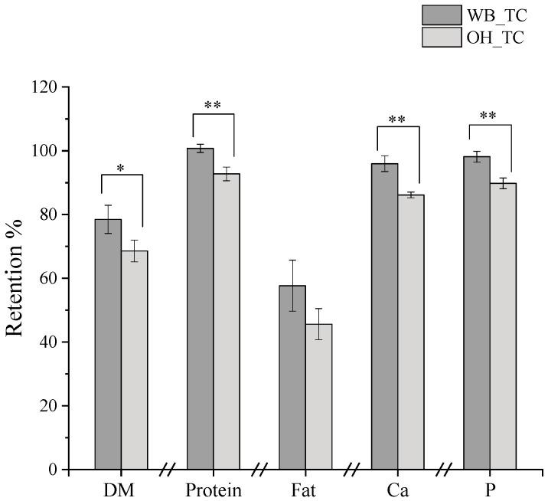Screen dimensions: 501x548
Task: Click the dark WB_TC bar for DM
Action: tap(108, 344)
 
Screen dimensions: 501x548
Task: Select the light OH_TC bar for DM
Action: tap(134, 360)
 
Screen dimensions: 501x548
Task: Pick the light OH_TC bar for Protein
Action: tap(227, 321)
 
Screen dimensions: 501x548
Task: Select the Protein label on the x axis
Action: tap(214, 490)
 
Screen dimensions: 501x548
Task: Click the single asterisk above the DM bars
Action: tap(122, 168)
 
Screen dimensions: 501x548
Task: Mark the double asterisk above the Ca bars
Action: tap(397, 120)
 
